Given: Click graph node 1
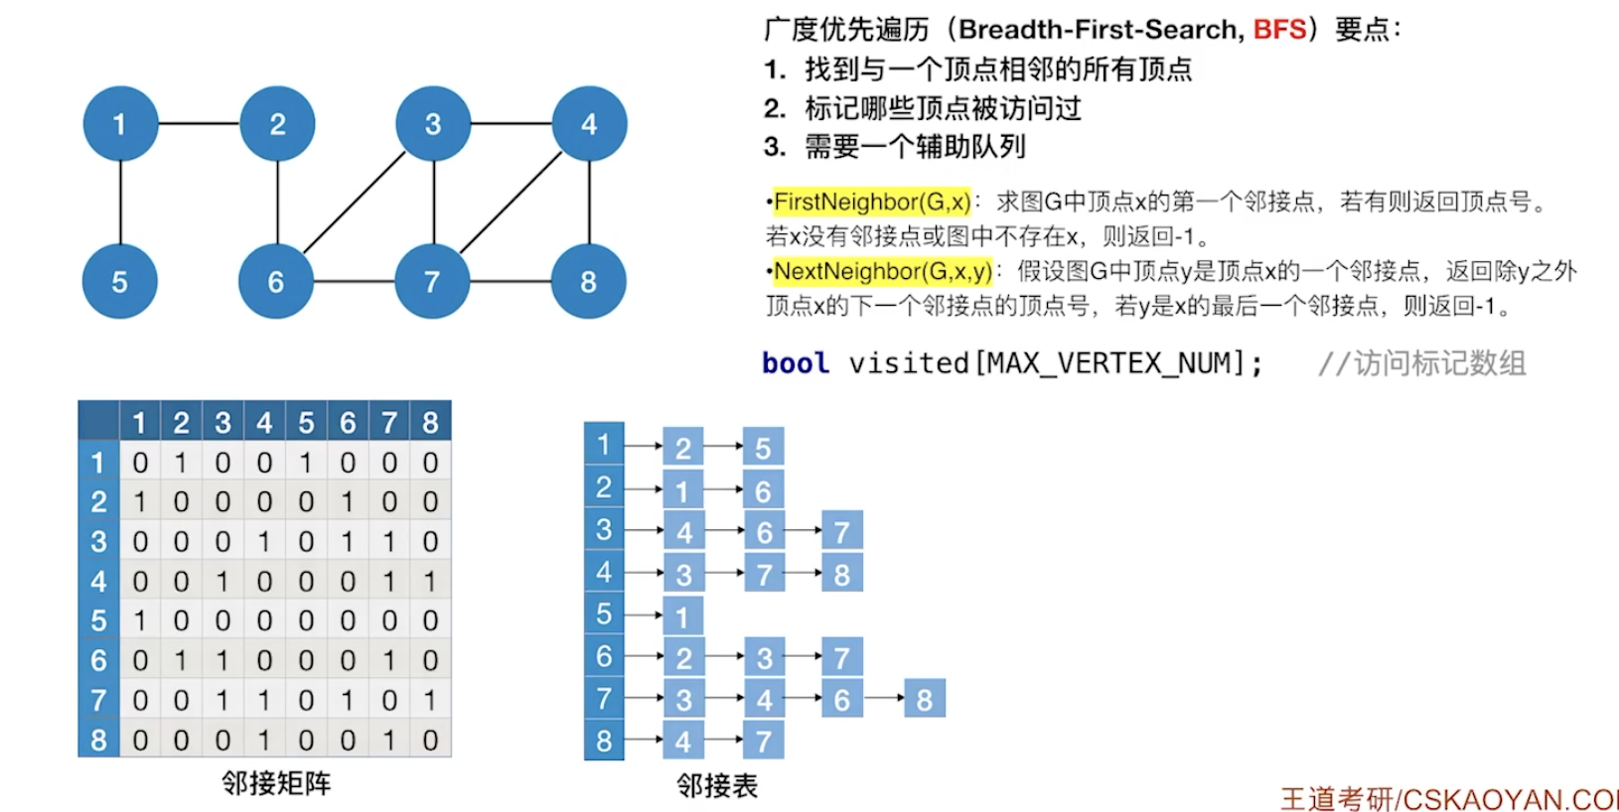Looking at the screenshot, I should coord(120,124).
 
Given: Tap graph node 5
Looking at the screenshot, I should coord(120,282).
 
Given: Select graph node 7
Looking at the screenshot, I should coord(432,282).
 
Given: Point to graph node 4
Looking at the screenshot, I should coord(589,124).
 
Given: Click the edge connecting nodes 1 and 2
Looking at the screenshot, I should coord(199,124).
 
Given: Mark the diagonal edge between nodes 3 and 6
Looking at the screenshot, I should coord(355,203).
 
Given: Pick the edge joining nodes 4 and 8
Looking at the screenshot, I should coord(589,203).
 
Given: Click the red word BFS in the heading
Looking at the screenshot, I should coord(1279,29).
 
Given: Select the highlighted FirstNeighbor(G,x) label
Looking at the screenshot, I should coord(871,203).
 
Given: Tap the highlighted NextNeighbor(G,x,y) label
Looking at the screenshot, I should coord(882,271).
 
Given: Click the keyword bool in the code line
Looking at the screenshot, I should coord(796,363).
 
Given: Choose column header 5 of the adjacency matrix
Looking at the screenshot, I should coord(306,423).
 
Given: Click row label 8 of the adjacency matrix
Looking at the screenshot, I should coord(98,741).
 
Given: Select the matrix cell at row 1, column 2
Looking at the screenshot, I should coord(181,463).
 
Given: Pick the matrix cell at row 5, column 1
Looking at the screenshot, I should coord(140,621).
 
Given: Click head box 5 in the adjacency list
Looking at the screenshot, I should coord(604,614).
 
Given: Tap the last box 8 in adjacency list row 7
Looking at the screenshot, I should coord(925,700).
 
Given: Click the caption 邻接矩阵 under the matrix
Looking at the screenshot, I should coord(276,783).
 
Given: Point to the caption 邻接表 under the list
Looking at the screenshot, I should coord(717,786).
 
